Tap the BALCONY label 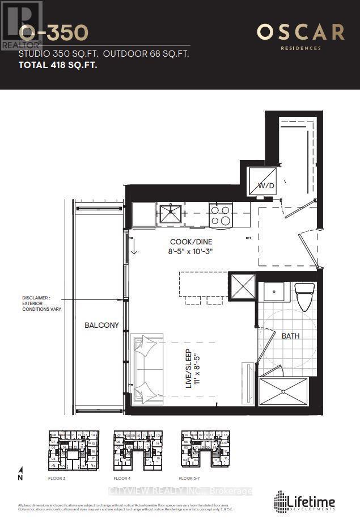pyautogui.click(x=102, y=325)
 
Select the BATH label pyautogui.click(x=290, y=336)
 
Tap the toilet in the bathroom pyautogui.click(x=304, y=292)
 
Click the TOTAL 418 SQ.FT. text pyautogui.click(x=58, y=65)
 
